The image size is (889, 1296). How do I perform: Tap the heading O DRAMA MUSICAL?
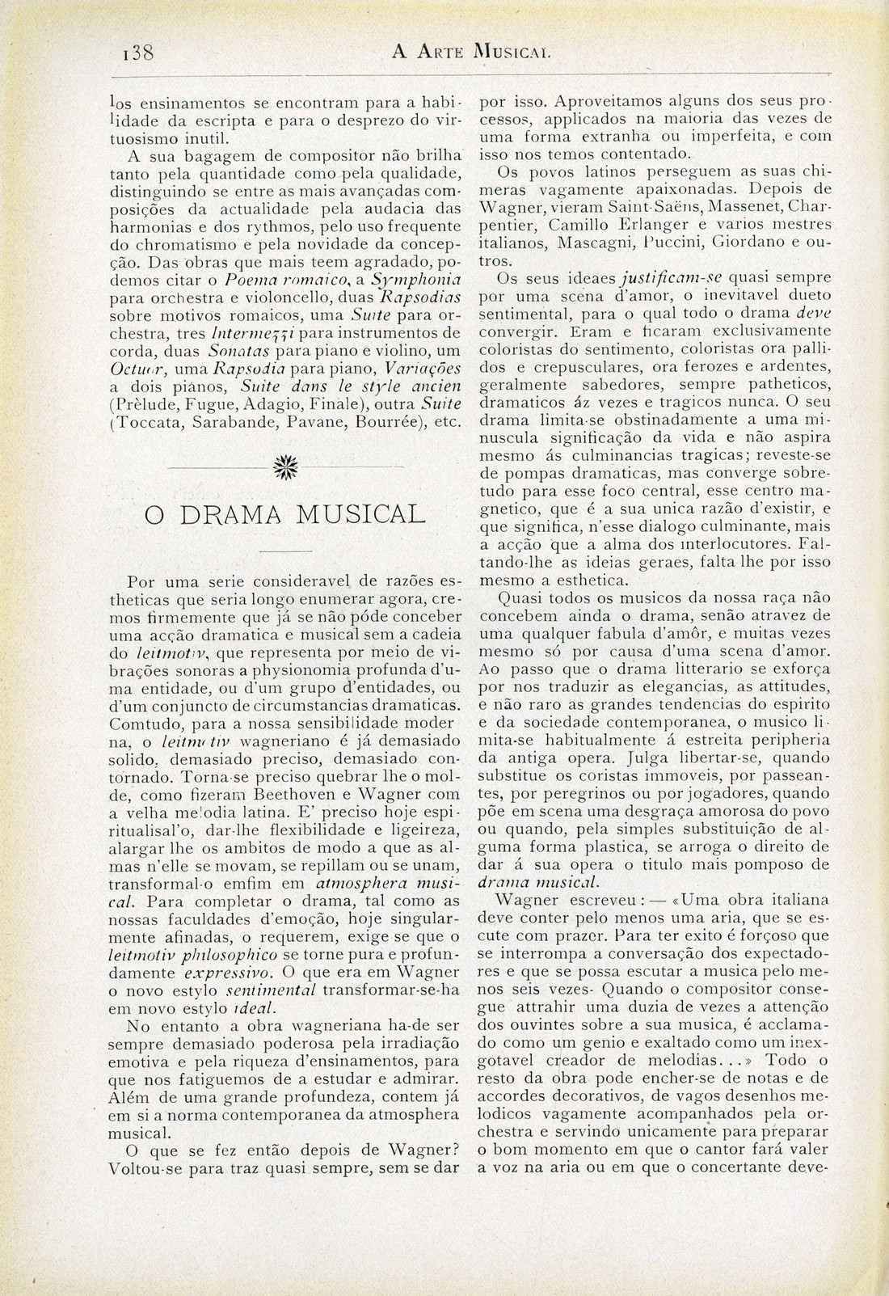(284, 515)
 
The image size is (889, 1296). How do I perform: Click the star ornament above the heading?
(284, 467)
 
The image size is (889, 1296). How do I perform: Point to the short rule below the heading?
(284, 551)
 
